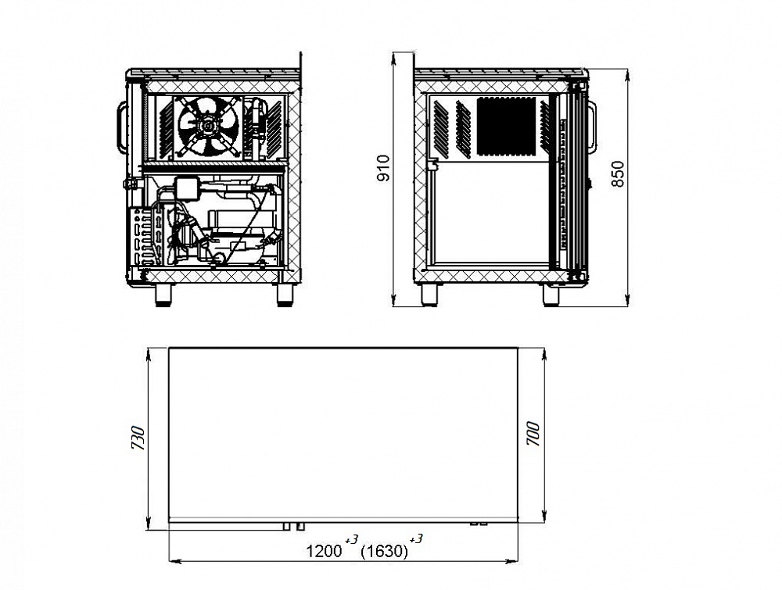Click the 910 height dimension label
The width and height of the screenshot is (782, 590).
point(383,168)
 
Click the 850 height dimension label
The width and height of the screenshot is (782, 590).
point(618,174)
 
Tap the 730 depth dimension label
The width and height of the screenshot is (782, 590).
point(138,438)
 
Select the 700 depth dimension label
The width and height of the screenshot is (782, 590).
point(533,434)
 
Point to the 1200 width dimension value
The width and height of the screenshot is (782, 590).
point(324,551)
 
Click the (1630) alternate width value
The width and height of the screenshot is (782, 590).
point(384,551)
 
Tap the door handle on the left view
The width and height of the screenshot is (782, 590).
point(121,127)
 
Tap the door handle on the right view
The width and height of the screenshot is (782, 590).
point(592,127)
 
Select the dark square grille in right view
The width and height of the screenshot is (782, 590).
point(506,126)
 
